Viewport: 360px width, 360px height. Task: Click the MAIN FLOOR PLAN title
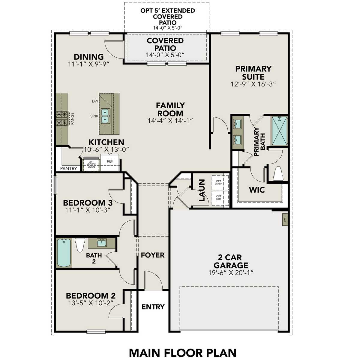coord(182,353)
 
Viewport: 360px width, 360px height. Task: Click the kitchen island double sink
coord(105,116)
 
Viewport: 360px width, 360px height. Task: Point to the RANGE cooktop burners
coord(63,118)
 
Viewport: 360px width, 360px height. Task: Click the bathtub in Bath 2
coord(64,253)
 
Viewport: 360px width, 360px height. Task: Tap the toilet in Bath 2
coord(80,244)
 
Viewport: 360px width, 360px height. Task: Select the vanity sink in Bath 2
coord(101,242)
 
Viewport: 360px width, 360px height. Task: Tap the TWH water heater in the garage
coord(285,219)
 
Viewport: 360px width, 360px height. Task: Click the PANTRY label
coord(68,169)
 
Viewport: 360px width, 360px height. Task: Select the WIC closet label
coord(257,190)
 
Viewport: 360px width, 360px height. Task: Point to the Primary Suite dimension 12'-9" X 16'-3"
coord(253,84)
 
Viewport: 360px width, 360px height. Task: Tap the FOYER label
coord(153,255)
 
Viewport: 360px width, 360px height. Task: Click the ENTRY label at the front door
coord(153,307)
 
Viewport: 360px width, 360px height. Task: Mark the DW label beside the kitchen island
coord(95,101)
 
